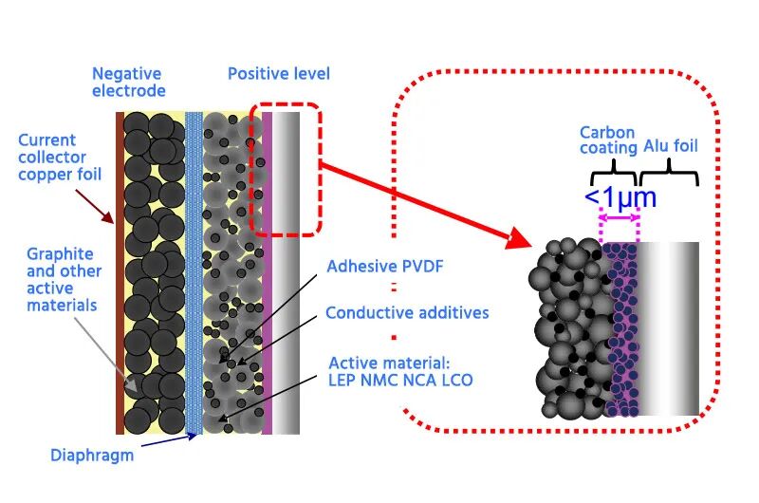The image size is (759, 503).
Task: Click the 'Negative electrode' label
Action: coord(129,82)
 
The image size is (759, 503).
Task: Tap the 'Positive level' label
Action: coord(279,74)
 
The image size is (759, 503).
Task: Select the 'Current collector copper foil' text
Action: coord(60,158)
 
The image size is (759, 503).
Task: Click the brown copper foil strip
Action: coord(120,273)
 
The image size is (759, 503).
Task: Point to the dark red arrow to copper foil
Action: coord(94,207)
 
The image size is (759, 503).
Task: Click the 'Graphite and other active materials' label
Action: coord(64,279)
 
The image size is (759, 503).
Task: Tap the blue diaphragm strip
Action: coord(194,273)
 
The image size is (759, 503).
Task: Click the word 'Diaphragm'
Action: coord(92,455)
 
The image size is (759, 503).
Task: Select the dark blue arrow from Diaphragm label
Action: coord(169,440)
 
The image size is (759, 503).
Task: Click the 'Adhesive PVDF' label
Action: coord(385,267)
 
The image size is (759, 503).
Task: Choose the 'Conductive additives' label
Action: coord(407,313)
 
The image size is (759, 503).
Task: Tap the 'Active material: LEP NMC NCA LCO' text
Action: coord(400,371)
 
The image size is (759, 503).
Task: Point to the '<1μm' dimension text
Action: coord(620,197)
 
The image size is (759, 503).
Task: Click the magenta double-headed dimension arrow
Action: coord(620,218)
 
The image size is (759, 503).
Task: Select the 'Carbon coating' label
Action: coord(608,140)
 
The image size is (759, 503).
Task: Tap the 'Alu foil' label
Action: coord(671,146)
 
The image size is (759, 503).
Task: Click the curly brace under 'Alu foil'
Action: coord(670,174)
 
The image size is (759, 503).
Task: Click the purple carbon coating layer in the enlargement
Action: coord(621,329)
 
